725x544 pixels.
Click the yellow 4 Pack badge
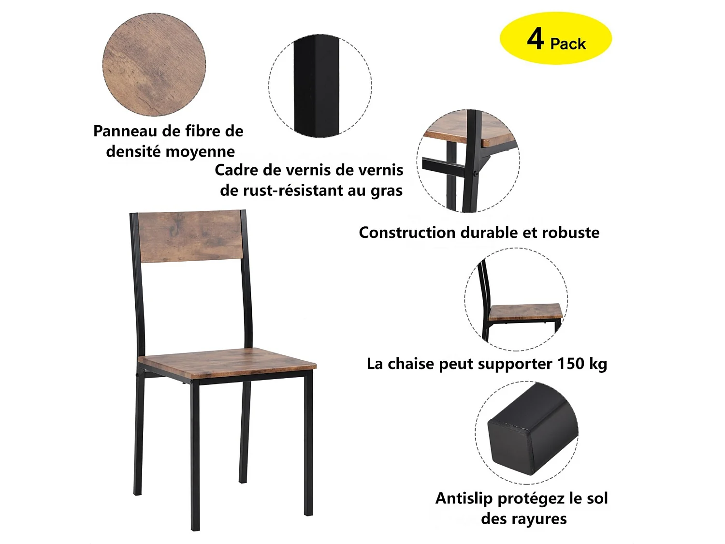pos(555,39)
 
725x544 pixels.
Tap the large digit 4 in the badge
pos(536,38)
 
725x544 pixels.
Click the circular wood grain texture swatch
pos(154,65)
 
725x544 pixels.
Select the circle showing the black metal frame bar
pos(320,86)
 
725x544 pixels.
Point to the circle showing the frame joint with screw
pos(468,161)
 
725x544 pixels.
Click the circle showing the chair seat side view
pos(516,299)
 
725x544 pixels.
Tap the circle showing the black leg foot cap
pos(526,432)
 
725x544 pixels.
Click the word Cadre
pos(237,170)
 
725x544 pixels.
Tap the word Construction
pos(407,233)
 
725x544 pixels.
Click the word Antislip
pos(464,499)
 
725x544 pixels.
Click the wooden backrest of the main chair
pos(189,236)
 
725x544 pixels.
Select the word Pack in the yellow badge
pos(568,44)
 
